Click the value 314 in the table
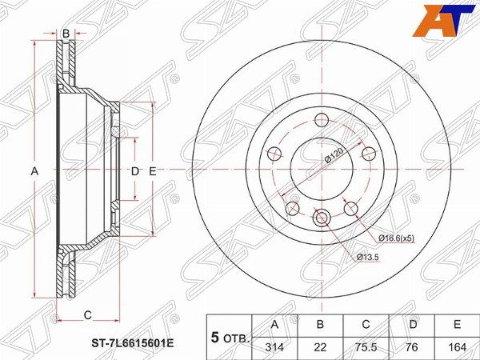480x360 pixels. point(274,347)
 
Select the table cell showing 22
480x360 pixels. point(320,347)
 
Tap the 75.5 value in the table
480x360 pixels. point(366,347)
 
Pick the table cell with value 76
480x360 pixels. point(412,347)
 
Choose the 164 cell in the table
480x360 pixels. point(458,347)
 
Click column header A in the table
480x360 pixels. point(275,324)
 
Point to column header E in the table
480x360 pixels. point(458,324)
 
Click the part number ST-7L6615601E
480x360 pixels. point(133,343)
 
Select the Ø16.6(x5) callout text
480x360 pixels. point(397,238)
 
